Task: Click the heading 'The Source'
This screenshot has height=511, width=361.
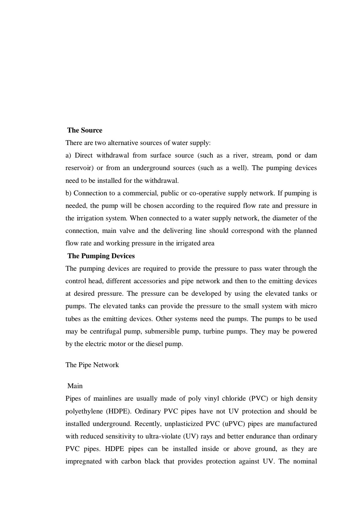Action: pos(85,130)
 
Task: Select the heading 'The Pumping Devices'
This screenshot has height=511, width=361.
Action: pos(101,256)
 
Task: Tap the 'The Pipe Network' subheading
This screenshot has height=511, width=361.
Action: pos(92,365)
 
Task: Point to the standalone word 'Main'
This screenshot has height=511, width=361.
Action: pos(75,386)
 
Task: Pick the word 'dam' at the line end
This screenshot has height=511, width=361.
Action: pos(311,156)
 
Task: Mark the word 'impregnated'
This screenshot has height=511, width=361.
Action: pos(84,462)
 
